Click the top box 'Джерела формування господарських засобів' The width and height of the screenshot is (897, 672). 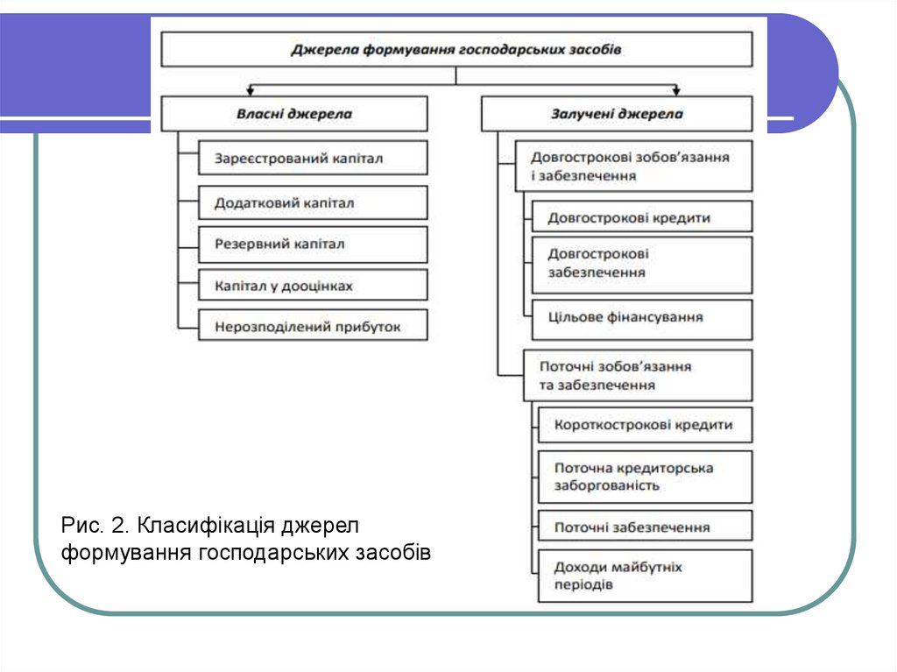pyautogui.click(x=456, y=49)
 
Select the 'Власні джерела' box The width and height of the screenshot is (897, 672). pyautogui.click(x=294, y=114)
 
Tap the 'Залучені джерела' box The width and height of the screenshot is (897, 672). pyautogui.click(x=617, y=114)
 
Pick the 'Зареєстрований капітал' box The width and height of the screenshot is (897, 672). pyautogui.click(x=313, y=159)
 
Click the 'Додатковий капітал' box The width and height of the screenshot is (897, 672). pyautogui.click(x=313, y=202)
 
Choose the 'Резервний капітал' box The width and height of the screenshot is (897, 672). pyautogui.click(x=313, y=244)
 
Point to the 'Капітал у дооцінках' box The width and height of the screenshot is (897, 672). pyautogui.click(x=313, y=286)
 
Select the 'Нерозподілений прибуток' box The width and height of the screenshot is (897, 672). pyautogui.click(x=313, y=326)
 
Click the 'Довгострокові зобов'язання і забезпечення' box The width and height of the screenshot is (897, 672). pyautogui.click(x=633, y=166)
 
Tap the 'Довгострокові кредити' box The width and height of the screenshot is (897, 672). pyautogui.click(x=642, y=217)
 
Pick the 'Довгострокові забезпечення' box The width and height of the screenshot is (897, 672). pyautogui.click(x=642, y=264)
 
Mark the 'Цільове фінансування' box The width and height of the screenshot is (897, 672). pyautogui.click(x=642, y=318)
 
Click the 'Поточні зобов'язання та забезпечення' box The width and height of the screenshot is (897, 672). pyautogui.click(x=638, y=375)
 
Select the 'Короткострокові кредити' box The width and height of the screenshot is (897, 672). pyautogui.click(x=645, y=425)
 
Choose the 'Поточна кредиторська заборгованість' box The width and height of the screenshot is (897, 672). pyautogui.click(x=645, y=477)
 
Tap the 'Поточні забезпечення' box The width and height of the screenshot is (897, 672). pyautogui.click(x=645, y=527)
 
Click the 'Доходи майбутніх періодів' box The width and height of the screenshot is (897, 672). pyautogui.click(x=645, y=576)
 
